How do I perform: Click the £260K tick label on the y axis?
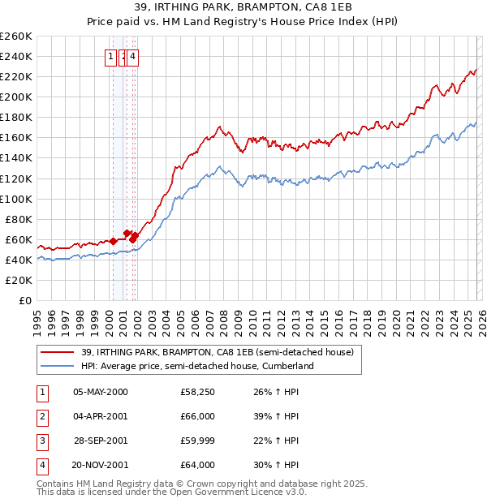tap(16, 37)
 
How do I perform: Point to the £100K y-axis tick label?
tap(16, 199)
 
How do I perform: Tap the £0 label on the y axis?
tap(25, 300)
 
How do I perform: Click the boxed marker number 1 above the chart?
tap(110, 57)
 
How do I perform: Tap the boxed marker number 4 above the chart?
tap(132, 57)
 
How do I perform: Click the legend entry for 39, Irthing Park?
tap(217, 352)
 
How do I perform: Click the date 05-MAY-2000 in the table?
tap(101, 392)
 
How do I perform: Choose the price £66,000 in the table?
tap(197, 416)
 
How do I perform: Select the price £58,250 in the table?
tap(197, 392)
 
